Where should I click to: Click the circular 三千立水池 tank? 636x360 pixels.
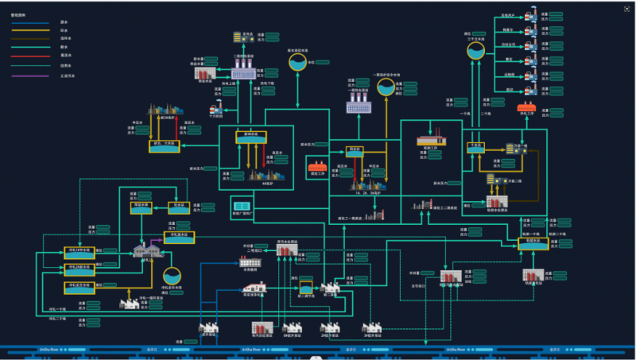476,51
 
